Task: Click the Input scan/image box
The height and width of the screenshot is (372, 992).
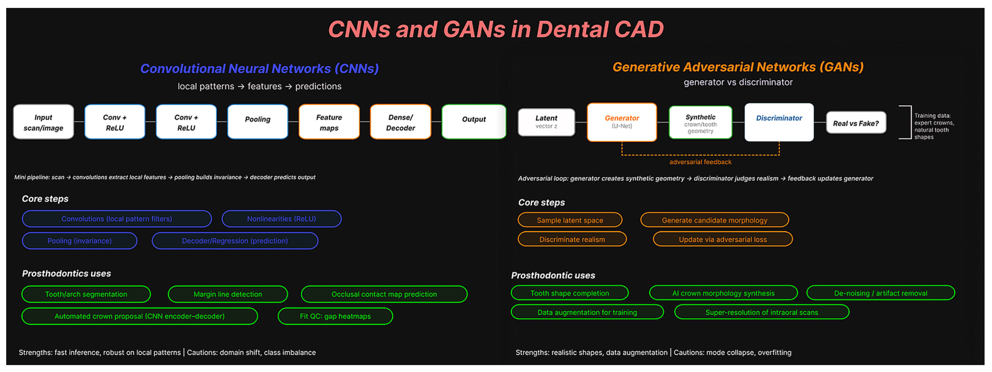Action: pos(43,122)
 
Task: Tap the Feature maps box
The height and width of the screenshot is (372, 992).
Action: pos(329,122)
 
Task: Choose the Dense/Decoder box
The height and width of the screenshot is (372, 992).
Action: pos(400,122)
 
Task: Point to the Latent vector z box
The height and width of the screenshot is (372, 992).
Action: pos(546,122)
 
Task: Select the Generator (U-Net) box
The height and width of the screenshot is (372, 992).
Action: pos(622,122)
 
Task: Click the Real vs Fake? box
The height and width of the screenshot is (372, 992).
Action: pos(856,123)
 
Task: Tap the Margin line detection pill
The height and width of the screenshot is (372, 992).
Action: pos(228,294)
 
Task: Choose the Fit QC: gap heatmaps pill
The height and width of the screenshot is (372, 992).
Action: pos(335,316)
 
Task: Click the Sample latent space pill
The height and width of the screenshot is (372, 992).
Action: pos(570,220)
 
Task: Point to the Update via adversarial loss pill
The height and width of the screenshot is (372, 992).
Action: pos(722,239)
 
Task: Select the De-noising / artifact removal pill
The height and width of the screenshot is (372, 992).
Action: pos(880,293)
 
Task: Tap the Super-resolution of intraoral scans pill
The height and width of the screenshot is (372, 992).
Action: pos(761,312)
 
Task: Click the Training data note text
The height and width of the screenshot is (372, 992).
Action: pos(934,126)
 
